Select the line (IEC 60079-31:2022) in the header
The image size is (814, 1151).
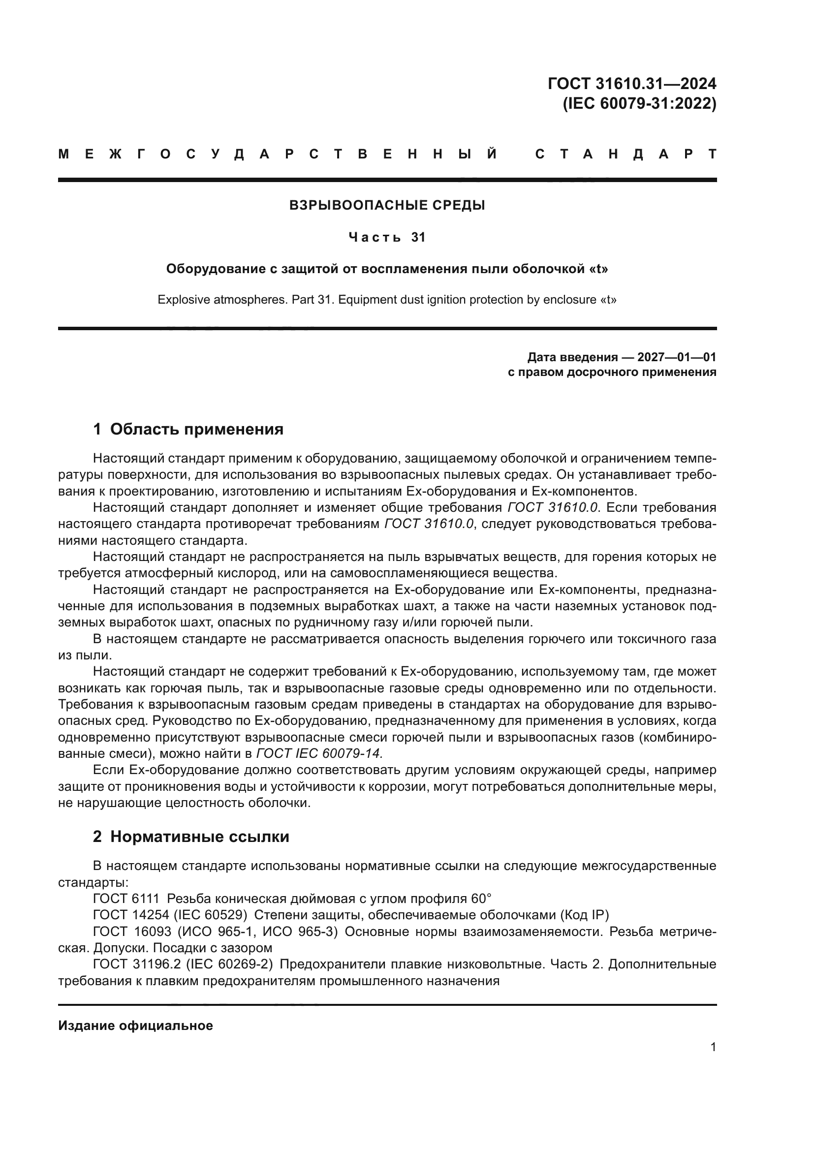pyautogui.click(x=639, y=104)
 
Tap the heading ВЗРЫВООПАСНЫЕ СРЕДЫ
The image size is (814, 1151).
pyautogui.click(x=387, y=205)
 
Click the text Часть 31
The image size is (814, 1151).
pyautogui.click(x=387, y=237)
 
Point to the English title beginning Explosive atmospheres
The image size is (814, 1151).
pyautogui.click(x=387, y=300)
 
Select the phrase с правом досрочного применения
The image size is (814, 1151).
pyautogui.click(x=612, y=372)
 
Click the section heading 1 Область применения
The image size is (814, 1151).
pyautogui.click(x=188, y=429)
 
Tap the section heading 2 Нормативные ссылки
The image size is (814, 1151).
pyautogui.click(x=191, y=837)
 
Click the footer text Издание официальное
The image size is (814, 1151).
pyautogui.click(x=135, y=1026)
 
